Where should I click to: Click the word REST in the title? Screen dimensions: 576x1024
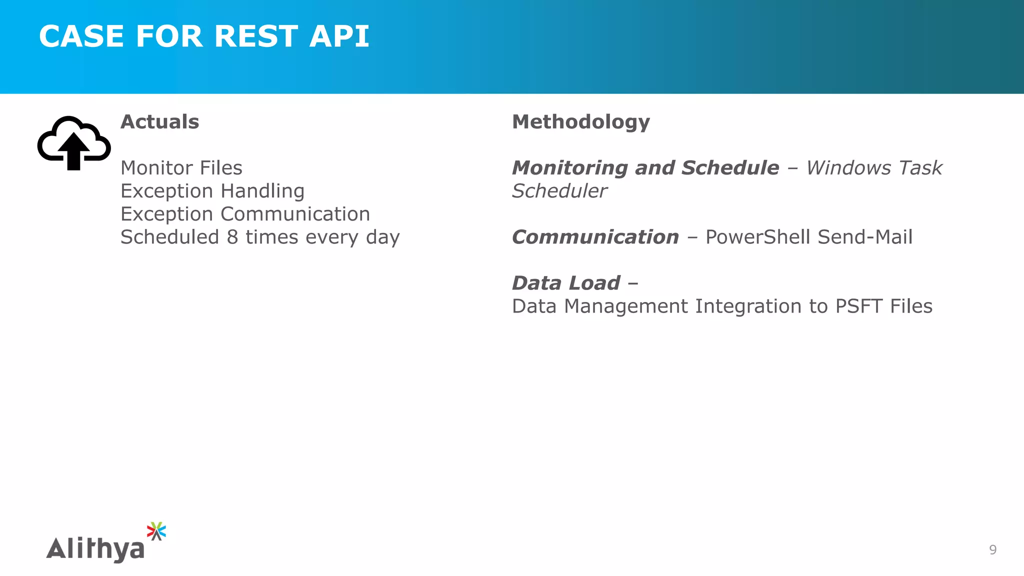[x=256, y=36]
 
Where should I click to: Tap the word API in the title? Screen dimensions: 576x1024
[x=339, y=36]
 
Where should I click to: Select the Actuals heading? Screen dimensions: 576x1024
[x=159, y=122]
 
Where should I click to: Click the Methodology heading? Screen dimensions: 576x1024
[x=580, y=122]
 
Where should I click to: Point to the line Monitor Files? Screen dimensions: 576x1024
[x=181, y=168]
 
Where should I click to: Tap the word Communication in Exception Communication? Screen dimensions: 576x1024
[x=295, y=214]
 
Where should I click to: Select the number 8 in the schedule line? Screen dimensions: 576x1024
[x=232, y=237]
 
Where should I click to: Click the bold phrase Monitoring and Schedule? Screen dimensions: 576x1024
[x=645, y=168]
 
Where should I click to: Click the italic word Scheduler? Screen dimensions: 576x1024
[x=559, y=191]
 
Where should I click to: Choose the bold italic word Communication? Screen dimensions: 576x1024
[x=595, y=237]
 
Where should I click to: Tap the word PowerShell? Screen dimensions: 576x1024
[x=758, y=237]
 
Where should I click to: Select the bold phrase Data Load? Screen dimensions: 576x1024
[x=565, y=283]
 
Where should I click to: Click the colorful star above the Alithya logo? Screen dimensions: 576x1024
[x=156, y=531]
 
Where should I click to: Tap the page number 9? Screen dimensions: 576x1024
[x=992, y=550]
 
